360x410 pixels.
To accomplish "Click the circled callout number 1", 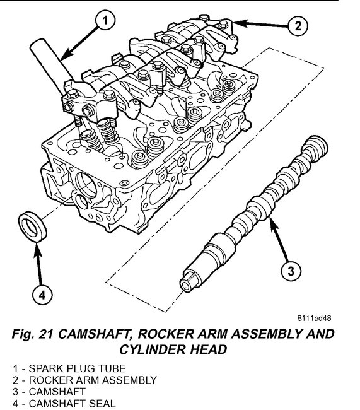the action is (105, 20).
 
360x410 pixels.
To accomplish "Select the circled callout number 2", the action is (298, 26).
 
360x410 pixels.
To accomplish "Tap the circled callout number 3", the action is (291, 271).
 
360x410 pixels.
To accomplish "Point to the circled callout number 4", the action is (42, 295).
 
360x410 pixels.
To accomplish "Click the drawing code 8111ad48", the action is (314, 318).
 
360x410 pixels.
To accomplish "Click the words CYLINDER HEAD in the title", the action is (173, 349).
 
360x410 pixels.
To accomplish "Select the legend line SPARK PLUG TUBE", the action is (69, 369).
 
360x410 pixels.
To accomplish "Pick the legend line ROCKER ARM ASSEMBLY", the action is (84, 380).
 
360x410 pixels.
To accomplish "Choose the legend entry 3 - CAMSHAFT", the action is (49, 392).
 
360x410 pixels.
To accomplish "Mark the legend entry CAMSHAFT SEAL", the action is (64, 403).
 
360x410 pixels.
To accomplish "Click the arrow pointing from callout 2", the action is (260, 24).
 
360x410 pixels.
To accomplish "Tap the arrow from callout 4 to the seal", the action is (39, 264).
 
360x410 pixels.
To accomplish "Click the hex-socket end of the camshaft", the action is (188, 282).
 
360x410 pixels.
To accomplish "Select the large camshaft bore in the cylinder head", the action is (86, 184).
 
